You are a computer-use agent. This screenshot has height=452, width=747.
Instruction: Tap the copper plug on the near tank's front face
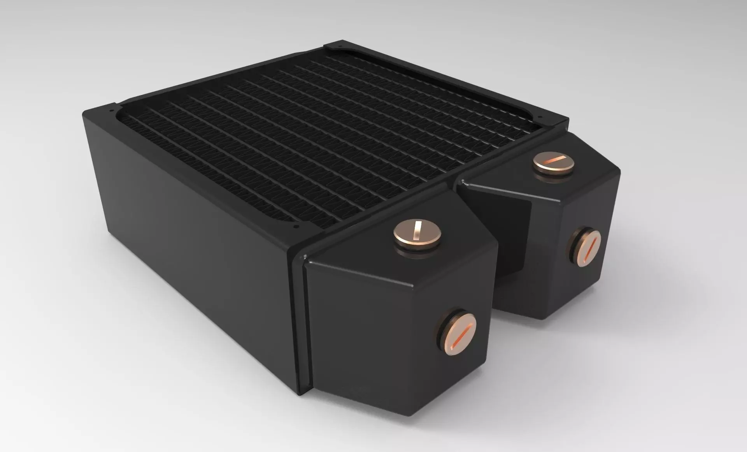459,331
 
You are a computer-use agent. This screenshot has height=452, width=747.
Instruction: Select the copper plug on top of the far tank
554,162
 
